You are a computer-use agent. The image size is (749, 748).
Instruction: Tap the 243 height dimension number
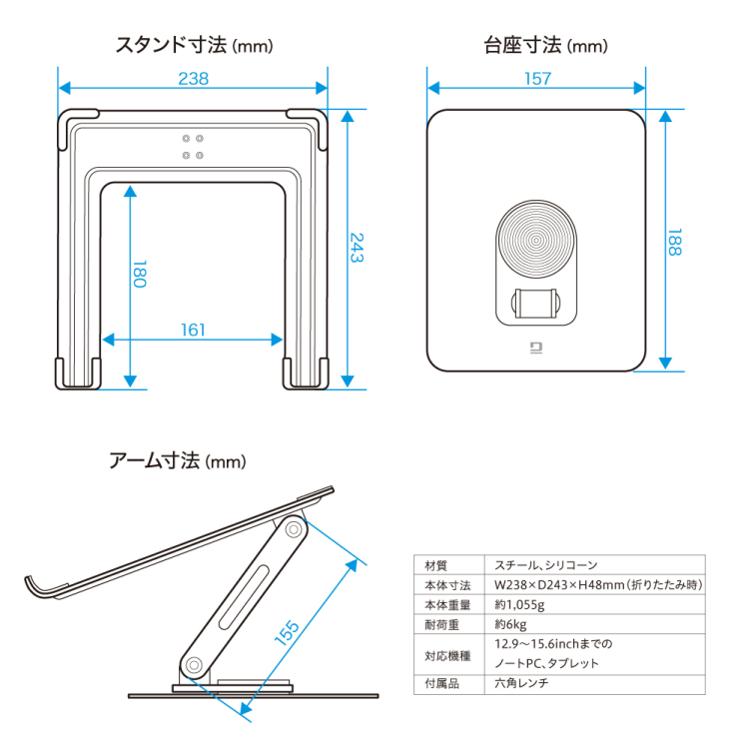coord(357,247)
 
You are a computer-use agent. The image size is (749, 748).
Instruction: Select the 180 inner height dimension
coord(140,275)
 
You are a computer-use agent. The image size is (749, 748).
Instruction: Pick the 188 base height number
coord(675,241)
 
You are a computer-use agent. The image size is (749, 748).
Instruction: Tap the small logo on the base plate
coord(535,349)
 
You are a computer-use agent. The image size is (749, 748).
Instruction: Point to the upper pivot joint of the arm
coord(294,530)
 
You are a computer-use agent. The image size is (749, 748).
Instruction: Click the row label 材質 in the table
coord(436,565)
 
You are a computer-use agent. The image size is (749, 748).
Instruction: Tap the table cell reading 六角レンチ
coord(521,684)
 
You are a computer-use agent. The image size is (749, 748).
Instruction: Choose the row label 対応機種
coord(442,654)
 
